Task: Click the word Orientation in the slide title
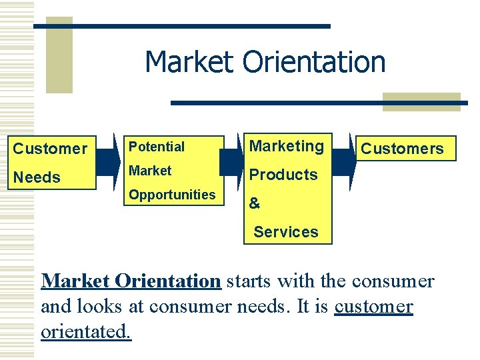pos(314,62)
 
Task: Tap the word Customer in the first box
pos(50,149)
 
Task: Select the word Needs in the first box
pos(37,177)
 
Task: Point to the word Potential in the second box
pos(157,147)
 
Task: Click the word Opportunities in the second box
pos(172,195)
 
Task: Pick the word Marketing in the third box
pos(286,146)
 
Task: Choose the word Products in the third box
pos(283,175)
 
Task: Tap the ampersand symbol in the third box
pos(255,204)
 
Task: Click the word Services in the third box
pos(286,232)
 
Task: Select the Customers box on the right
pos(403,149)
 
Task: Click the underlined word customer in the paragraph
pos(373,307)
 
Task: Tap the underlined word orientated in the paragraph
pos(86,331)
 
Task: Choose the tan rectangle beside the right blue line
pos(421,101)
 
